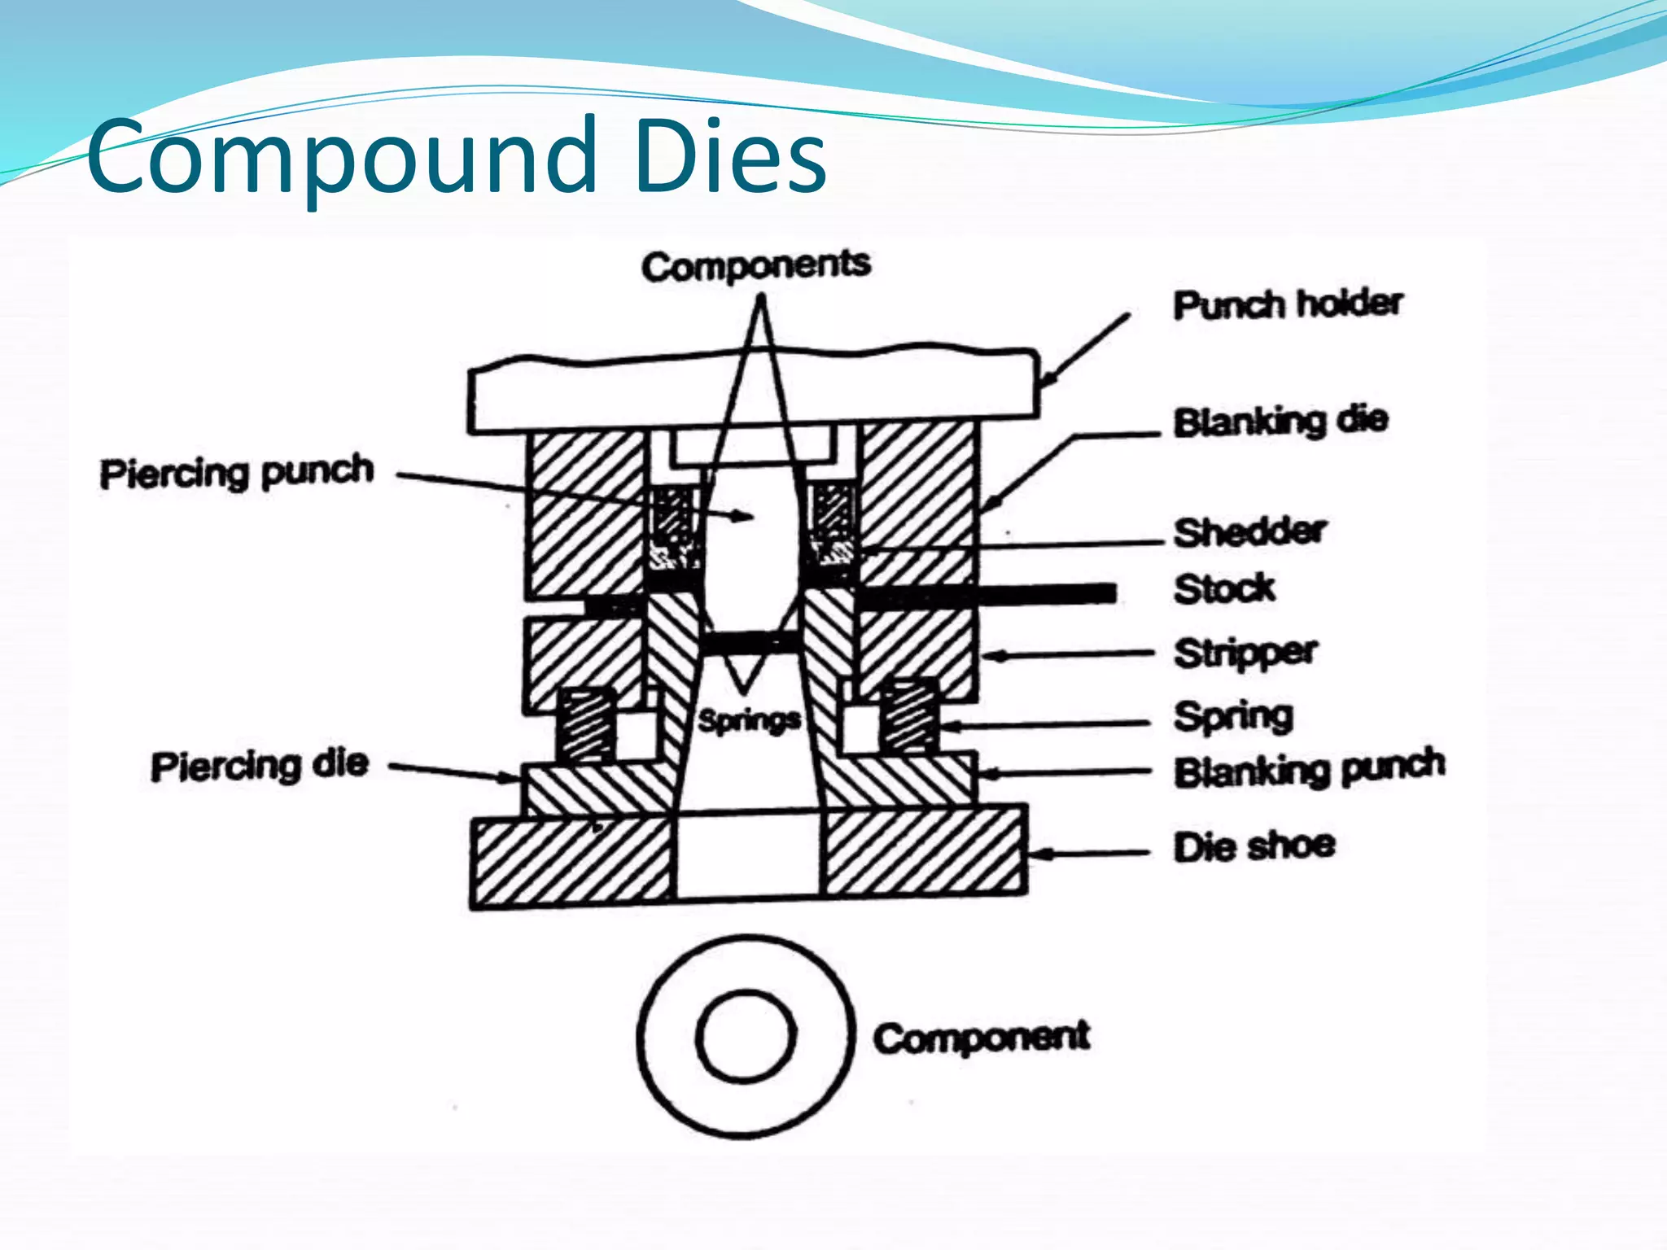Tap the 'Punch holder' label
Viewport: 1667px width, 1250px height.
click(1288, 304)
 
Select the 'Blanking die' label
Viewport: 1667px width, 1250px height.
click(1280, 421)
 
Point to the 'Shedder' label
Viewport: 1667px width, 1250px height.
click(1250, 531)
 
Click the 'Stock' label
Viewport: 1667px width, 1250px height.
click(1224, 588)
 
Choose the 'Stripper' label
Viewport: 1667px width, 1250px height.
click(1245, 653)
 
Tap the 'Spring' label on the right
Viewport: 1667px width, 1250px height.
click(1233, 716)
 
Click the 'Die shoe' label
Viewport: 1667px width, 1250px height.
click(1254, 846)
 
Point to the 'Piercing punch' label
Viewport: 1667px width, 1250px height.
click(237, 472)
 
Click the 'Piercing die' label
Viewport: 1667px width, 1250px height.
click(260, 765)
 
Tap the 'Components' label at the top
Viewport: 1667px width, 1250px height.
click(755, 266)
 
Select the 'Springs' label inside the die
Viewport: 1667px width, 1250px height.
click(749, 720)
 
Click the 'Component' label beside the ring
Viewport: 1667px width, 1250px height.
click(981, 1038)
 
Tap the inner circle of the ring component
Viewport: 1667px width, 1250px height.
click(746, 1036)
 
